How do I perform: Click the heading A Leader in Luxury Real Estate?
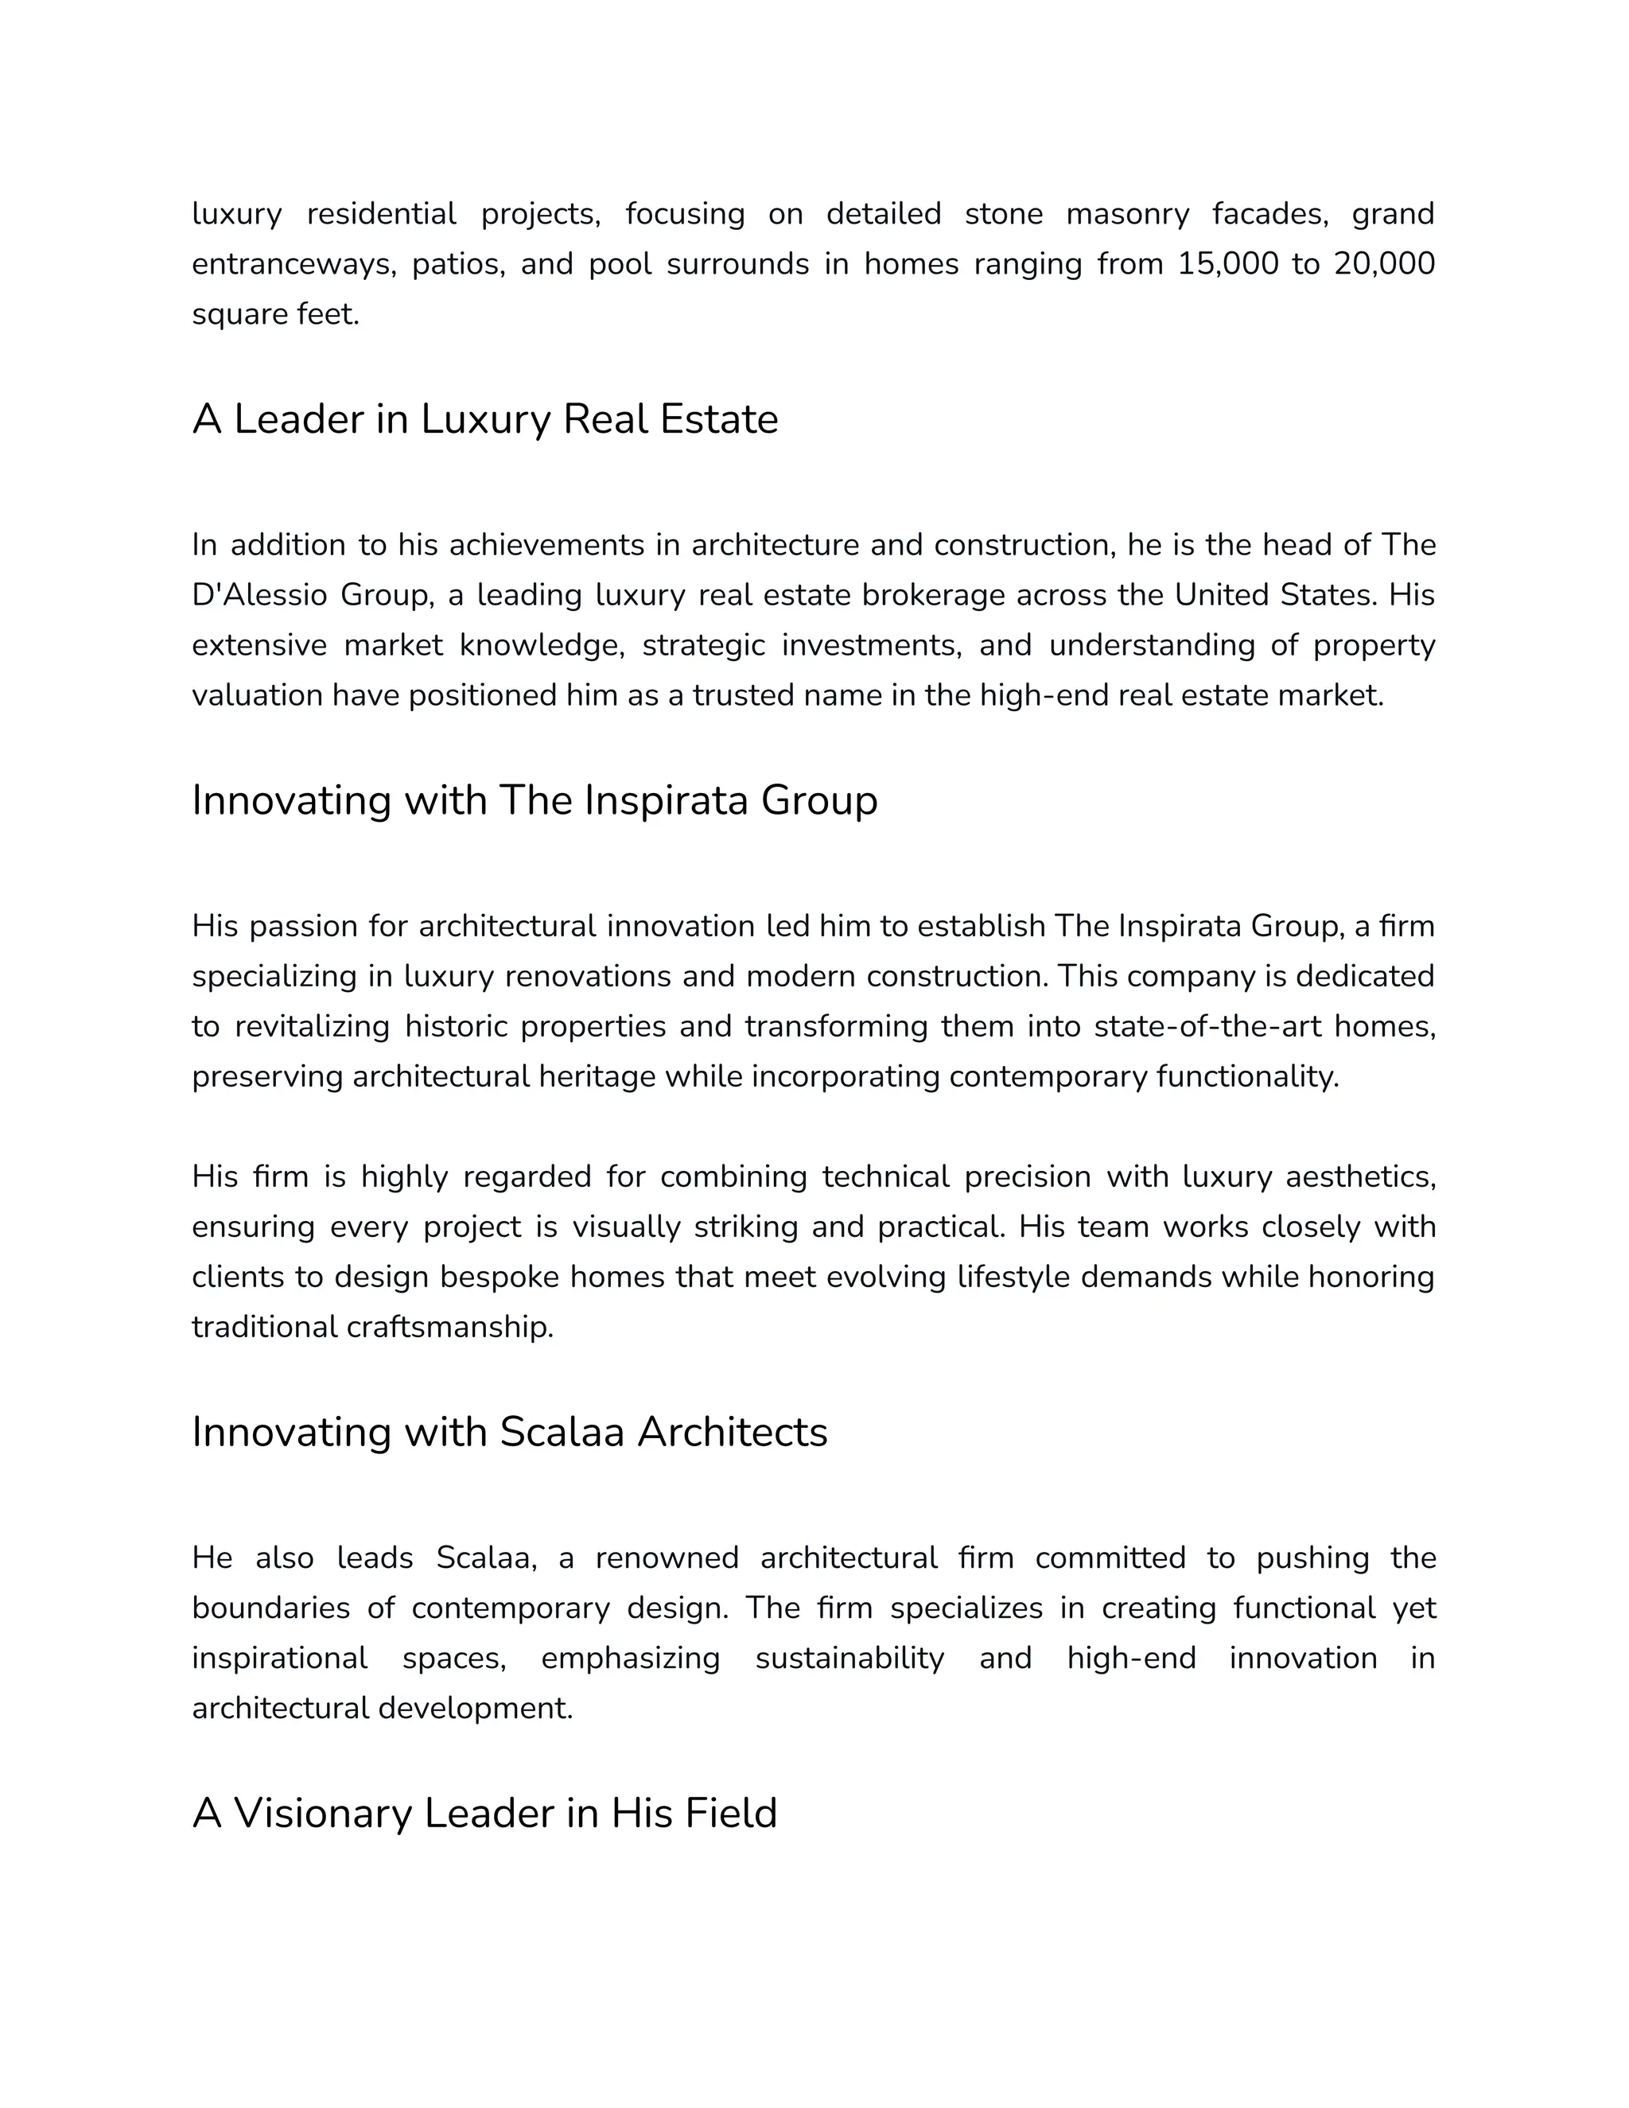click(x=484, y=419)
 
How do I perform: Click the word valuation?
click(x=257, y=695)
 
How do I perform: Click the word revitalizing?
click(x=312, y=1026)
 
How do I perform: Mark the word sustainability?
click(x=849, y=1659)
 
